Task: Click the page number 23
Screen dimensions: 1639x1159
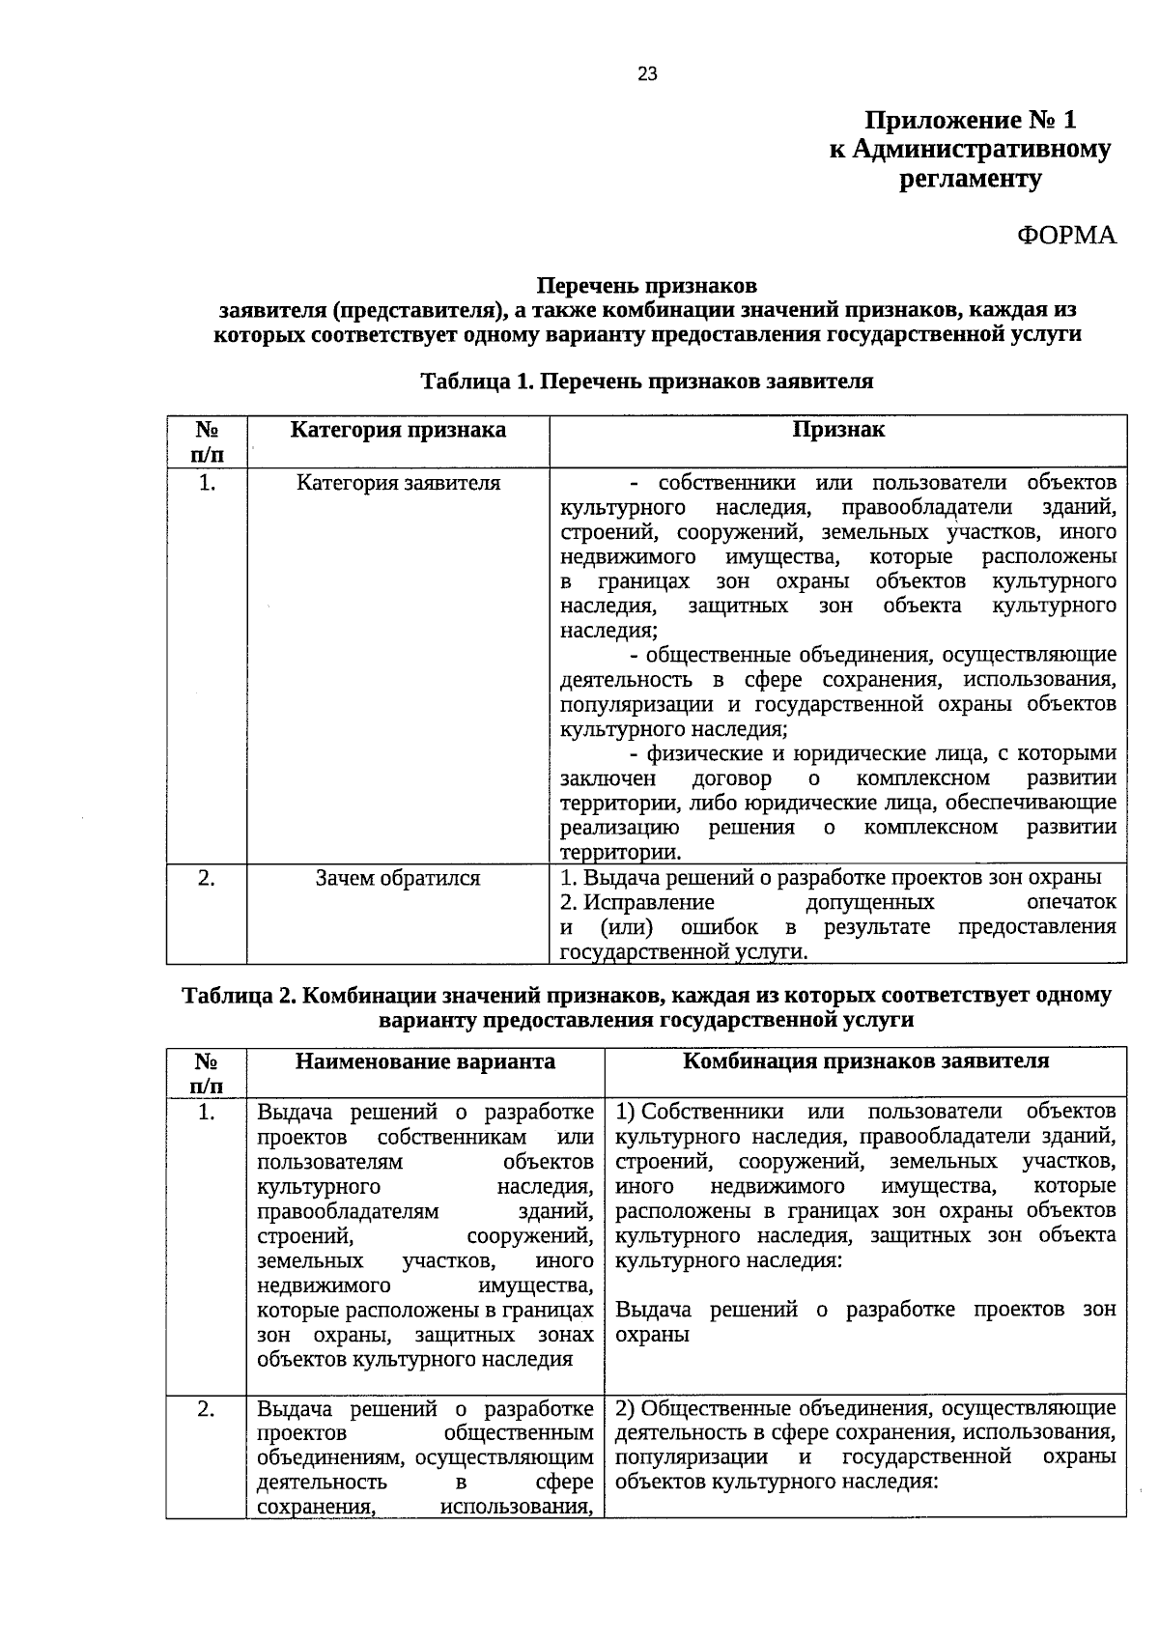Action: (647, 73)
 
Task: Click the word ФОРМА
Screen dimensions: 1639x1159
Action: (1066, 235)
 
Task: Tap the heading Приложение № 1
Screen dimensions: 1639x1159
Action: (970, 121)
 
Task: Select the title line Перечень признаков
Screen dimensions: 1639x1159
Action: (647, 286)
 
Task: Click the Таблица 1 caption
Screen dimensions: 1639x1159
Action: (647, 381)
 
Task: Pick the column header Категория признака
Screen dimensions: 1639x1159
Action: (398, 430)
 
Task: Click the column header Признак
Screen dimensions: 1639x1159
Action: (838, 430)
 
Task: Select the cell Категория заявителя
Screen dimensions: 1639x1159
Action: (398, 482)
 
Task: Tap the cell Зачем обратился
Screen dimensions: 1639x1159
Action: (398, 878)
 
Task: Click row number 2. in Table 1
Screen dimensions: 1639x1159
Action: (206, 878)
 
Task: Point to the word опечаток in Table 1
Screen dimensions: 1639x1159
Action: (1071, 902)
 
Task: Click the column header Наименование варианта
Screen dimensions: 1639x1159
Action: (425, 1061)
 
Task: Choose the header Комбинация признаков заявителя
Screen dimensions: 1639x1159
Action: (865, 1060)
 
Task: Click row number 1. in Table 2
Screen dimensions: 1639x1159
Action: (206, 1113)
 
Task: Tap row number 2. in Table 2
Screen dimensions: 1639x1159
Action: (206, 1408)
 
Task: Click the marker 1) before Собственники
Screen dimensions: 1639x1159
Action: (625, 1112)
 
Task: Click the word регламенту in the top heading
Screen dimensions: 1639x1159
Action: (970, 179)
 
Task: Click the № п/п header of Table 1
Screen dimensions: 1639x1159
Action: (206, 441)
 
